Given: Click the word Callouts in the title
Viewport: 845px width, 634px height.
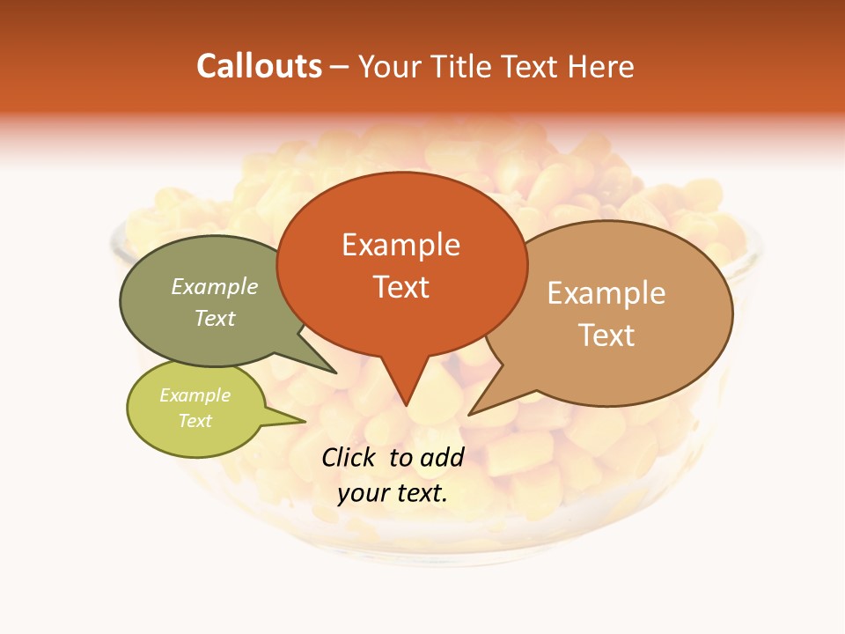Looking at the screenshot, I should [259, 66].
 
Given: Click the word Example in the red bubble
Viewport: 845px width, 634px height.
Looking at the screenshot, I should [400, 245].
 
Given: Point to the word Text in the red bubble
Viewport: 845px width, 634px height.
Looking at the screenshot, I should [401, 287].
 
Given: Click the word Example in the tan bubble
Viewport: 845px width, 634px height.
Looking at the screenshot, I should [606, 293].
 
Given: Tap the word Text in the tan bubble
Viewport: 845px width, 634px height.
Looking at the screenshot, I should [607, 335].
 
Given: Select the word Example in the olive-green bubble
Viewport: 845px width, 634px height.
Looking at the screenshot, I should [215, 286].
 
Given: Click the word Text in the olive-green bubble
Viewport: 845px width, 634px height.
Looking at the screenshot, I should [215, 318].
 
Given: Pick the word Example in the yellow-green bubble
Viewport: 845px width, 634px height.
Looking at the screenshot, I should [195, 395].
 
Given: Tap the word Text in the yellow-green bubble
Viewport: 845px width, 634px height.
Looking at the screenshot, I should [195, 421].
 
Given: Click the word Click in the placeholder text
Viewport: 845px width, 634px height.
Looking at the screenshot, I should [350, 457].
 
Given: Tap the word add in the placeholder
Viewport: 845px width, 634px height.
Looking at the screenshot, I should [442, 457].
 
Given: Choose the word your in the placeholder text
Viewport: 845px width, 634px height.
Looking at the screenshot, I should [362, 493].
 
